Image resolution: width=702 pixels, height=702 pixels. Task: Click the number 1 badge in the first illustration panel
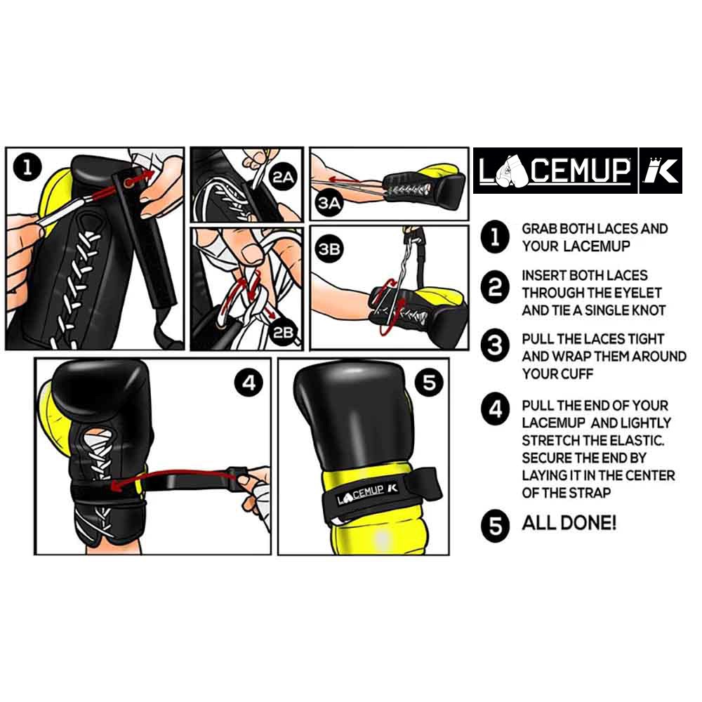pyautogui.click(x=27, y=167)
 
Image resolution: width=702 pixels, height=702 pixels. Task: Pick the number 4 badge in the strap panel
pyautogui.click(x=249, y=383)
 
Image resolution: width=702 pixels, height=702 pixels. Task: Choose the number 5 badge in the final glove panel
pyautogui.click(x=430, y=383)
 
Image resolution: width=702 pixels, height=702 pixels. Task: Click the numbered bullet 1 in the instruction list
pyautogui.click(x=496, y=238)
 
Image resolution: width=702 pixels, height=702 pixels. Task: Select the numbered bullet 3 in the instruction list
pyautogui.click(x=496, y=347)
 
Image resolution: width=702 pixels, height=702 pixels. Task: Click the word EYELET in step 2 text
pyautogui.click(x=638, y=293)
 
